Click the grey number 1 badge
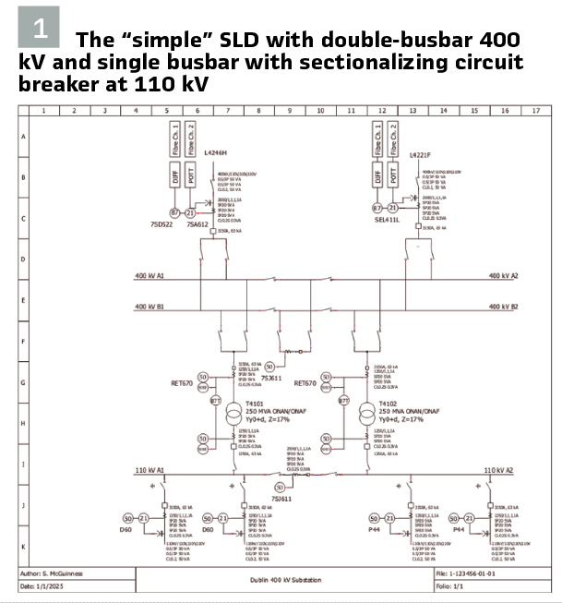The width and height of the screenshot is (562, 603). click(x=39, y=27)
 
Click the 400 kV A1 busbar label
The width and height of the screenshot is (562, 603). click(x=149, y=276)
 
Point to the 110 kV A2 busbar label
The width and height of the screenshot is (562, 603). click(x=501, y=470)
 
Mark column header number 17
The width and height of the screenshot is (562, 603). click(x=536, y=111)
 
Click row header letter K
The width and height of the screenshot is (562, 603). click(x=23, y=547)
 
